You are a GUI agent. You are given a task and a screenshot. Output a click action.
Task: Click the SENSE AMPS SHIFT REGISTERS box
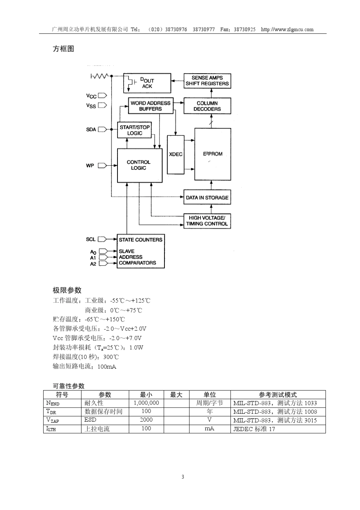(207, 81)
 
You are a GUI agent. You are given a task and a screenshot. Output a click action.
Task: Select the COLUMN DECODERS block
(207, 106)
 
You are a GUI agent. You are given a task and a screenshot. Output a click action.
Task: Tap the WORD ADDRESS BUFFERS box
(150, 106)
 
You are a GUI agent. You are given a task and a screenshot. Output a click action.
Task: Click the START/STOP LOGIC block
(135, 130)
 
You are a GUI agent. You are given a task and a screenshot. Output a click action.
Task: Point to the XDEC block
(175, 154)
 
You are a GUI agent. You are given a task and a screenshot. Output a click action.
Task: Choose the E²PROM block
(213, 154)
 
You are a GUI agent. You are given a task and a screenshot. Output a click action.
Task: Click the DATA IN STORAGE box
(207, 198)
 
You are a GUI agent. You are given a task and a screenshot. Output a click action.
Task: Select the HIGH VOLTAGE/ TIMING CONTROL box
(207, 221)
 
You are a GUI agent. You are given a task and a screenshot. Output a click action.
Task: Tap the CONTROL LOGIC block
(139, 165)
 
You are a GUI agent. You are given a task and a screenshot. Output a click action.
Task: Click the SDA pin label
(91, 130)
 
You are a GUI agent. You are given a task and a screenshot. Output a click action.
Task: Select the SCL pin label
(91, 239)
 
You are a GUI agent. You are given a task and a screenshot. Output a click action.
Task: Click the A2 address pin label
(93, 264)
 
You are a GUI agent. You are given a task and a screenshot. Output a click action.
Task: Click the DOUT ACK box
(147, 83)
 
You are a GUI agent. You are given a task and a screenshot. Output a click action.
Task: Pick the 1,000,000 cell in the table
(146, 403)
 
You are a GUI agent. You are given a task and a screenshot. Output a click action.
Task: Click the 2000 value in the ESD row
(146, 420)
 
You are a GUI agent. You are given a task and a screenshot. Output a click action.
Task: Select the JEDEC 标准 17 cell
(254, 429)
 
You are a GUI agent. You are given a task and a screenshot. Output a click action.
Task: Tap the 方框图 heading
(63, 49)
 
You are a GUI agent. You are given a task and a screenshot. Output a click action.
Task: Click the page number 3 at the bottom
(183, 477)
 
